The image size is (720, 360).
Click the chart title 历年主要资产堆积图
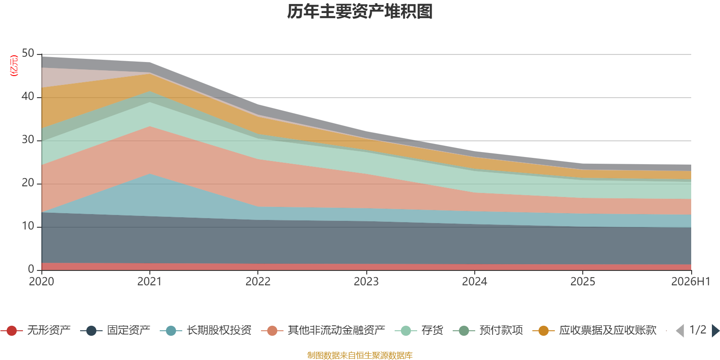point(360,12)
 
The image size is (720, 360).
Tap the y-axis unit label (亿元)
point(14,66)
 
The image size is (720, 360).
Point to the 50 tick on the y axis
point(28,54)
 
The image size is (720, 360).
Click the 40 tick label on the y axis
point(28,96)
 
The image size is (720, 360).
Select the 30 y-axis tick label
point(28,140)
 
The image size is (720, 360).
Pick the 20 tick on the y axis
point(28,183)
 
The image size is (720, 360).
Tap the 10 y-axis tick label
point(28,226)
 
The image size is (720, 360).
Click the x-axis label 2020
point(41,282)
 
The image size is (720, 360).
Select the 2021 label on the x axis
point(149,282)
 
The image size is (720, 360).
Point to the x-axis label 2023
point(366,282)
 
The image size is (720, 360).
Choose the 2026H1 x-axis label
point(691,282)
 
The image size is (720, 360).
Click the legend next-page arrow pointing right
point(715,330)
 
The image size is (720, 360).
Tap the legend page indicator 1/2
point(698,330)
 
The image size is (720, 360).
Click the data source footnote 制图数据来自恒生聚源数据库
point(360,355)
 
